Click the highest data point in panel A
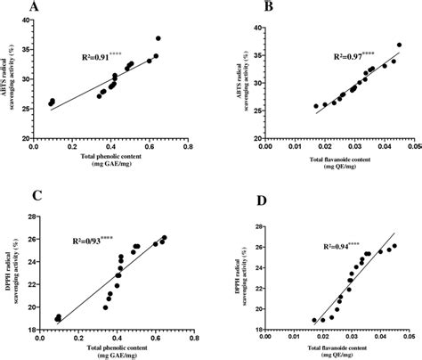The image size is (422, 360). coord(158,38)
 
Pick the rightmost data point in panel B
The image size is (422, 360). coord(399,45)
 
